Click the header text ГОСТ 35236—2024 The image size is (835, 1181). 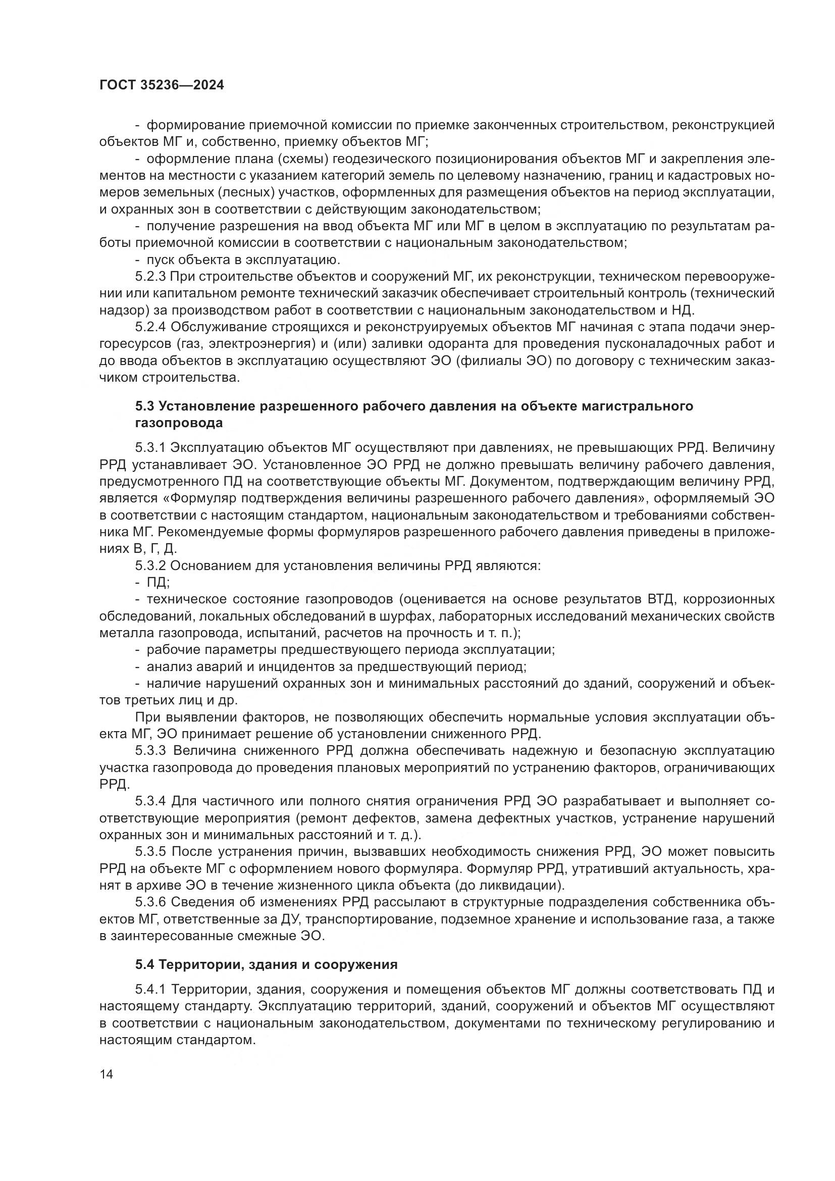(x=162, y=85)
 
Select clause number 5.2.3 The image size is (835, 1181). (x=150, y=277)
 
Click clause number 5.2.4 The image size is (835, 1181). (x=150, y=327)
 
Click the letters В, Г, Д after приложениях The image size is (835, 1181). (x=155, y=549)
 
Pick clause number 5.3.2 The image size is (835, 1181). (x=150, y=566)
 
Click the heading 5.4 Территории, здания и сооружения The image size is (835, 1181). (x=267, y=964)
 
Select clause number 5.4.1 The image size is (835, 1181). (x=150, y=989)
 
